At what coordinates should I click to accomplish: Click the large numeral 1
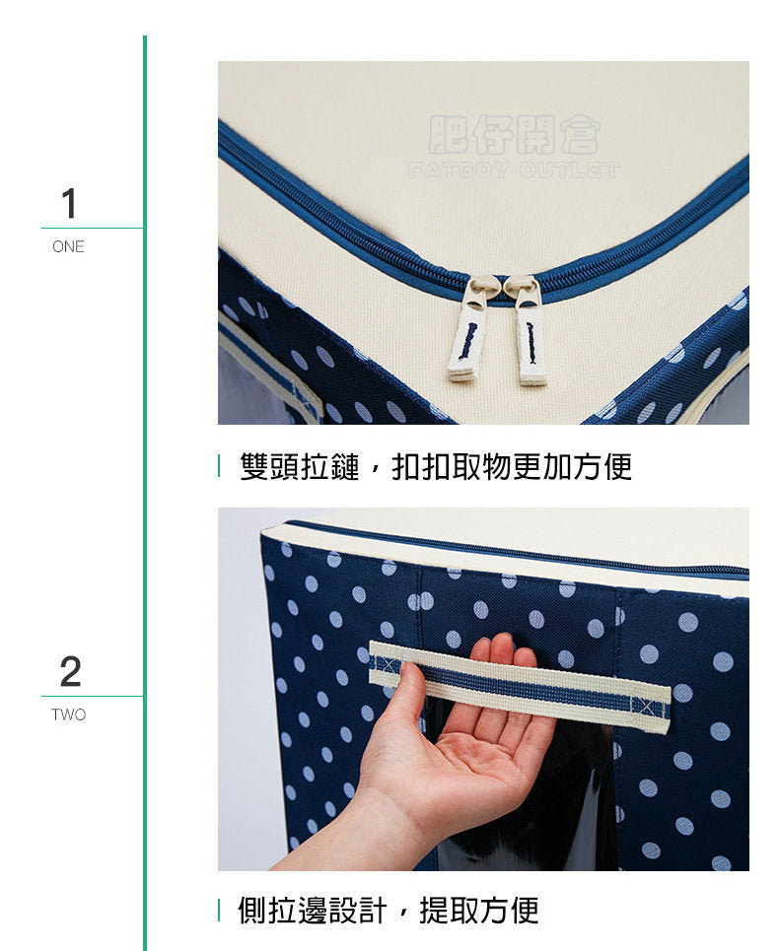point(69,203)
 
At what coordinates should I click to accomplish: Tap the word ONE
point(69,246)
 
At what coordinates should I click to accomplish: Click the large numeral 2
point(70,671)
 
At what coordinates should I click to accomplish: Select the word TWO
point(69,715)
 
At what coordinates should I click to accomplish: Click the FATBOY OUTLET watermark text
point(514,170)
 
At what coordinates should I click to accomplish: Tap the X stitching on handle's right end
point(644,706)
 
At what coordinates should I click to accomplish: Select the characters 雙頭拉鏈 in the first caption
point(300,467)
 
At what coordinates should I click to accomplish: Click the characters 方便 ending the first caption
point(602,467)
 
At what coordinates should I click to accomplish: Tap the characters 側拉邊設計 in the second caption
point(312,911)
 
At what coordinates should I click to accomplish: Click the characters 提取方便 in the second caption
point(479,911)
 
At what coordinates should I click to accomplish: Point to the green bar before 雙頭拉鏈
point(219,466)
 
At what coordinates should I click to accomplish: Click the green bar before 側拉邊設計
point(219,910)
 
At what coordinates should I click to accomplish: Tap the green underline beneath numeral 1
point(93,228)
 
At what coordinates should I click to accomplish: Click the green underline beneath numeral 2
point(93,697)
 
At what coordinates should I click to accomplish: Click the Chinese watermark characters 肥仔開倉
point(515,134)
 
